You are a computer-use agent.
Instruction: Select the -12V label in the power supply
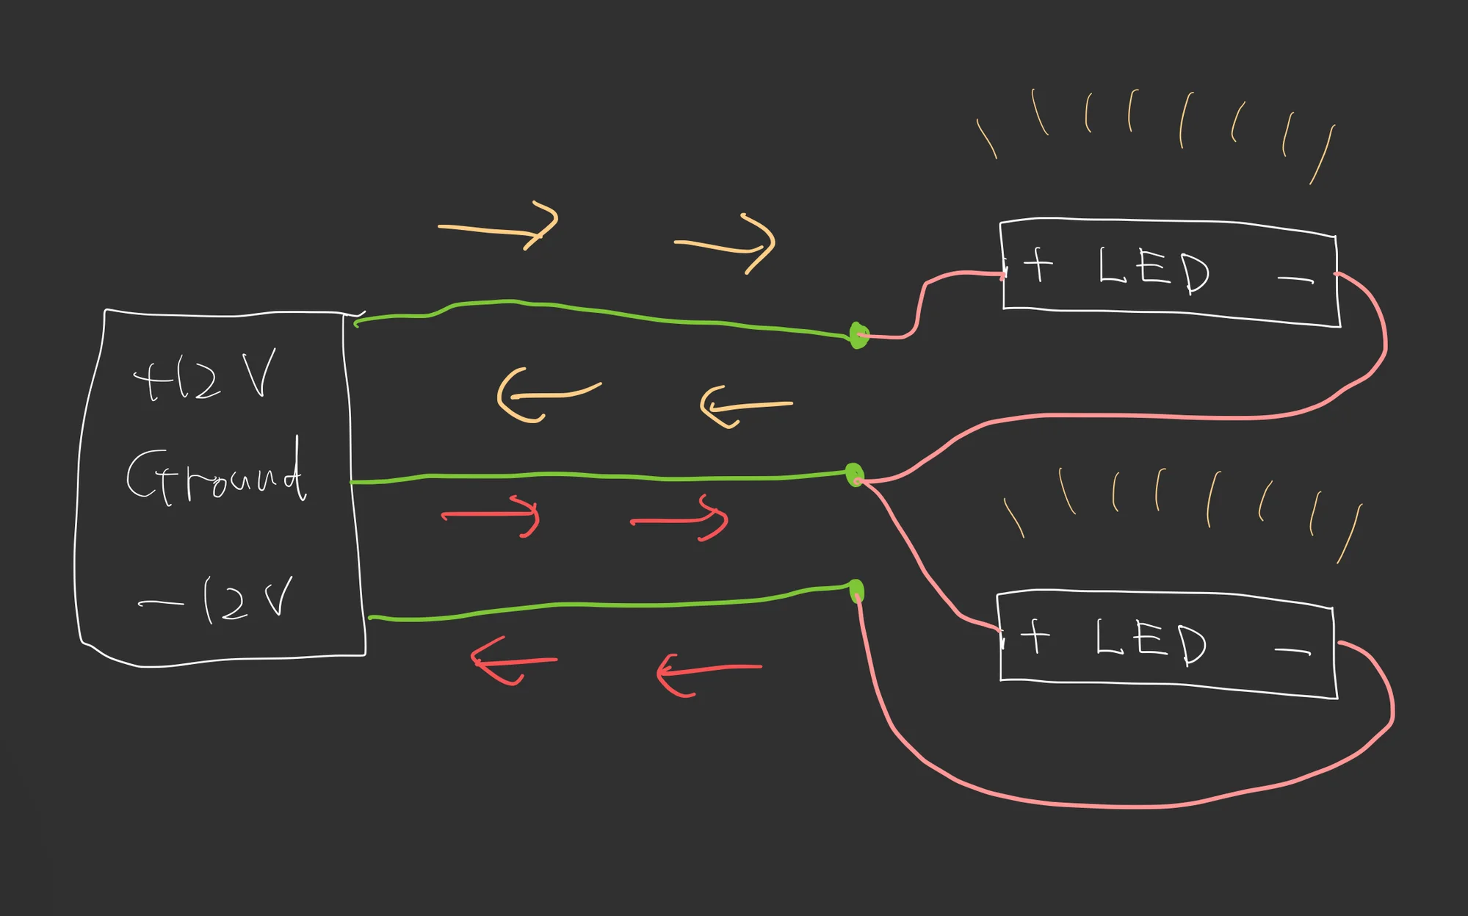[x=217, y=601]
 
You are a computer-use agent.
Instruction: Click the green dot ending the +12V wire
[x=858, y=336]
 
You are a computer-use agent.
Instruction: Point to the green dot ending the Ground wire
[x=854, y=475]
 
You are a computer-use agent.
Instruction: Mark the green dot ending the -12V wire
[x=856, y=591]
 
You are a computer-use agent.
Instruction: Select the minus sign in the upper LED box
[x=1295, y=279]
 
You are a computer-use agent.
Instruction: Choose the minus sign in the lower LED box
[x=1292, y=651]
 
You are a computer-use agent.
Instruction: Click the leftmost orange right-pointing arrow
[x=499, y=227]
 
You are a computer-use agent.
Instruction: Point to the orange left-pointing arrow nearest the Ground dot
[x=745, y=407]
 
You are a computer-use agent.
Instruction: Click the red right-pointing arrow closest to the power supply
[x=492, y=516]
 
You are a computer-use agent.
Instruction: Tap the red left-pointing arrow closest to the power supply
[x=513, y=662]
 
